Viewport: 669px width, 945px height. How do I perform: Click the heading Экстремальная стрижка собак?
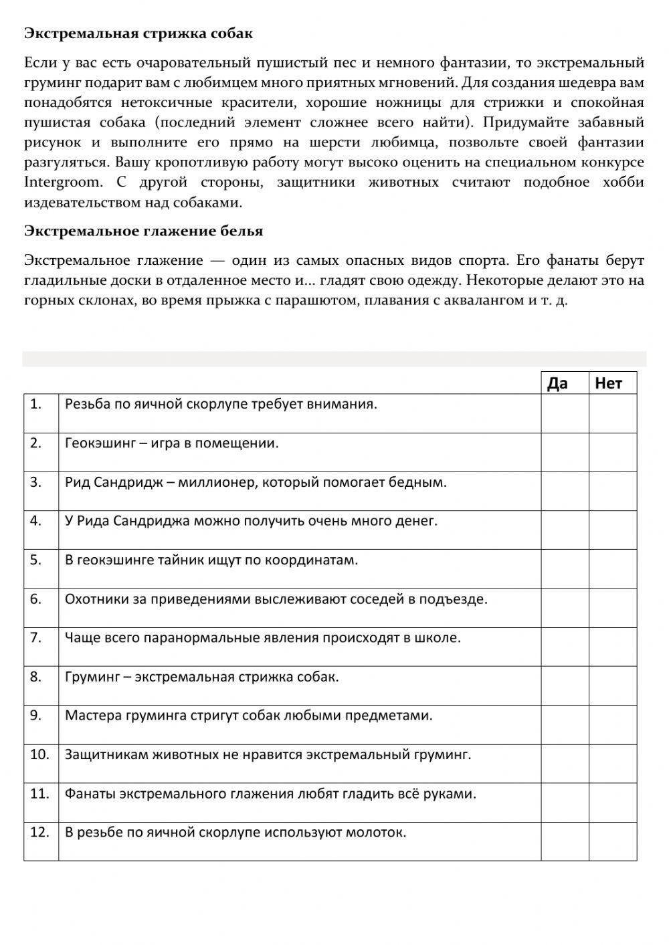[x=138, y=33]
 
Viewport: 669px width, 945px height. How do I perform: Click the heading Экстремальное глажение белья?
[x=143, y=231]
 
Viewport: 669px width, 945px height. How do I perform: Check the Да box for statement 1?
[x=565, y=413]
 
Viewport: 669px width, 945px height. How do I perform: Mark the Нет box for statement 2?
[x=613, y=452]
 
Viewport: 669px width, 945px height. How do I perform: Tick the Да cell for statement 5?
[x=565, y=568]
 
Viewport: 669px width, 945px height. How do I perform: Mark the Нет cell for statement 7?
[x=613, y=646]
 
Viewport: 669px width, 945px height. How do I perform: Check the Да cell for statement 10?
[x=565, y=763]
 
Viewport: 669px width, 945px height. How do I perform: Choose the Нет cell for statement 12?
[x=613, y=841]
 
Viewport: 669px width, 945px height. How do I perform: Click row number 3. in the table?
[x=35, y=482]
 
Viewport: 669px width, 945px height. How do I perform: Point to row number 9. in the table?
[x=35, y=715]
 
